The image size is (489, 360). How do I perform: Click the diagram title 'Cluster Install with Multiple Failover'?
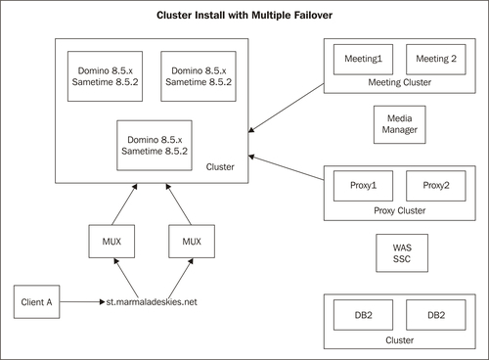244,17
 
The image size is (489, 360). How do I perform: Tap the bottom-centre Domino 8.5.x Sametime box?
153,144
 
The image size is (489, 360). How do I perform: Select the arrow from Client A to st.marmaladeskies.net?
84,302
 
